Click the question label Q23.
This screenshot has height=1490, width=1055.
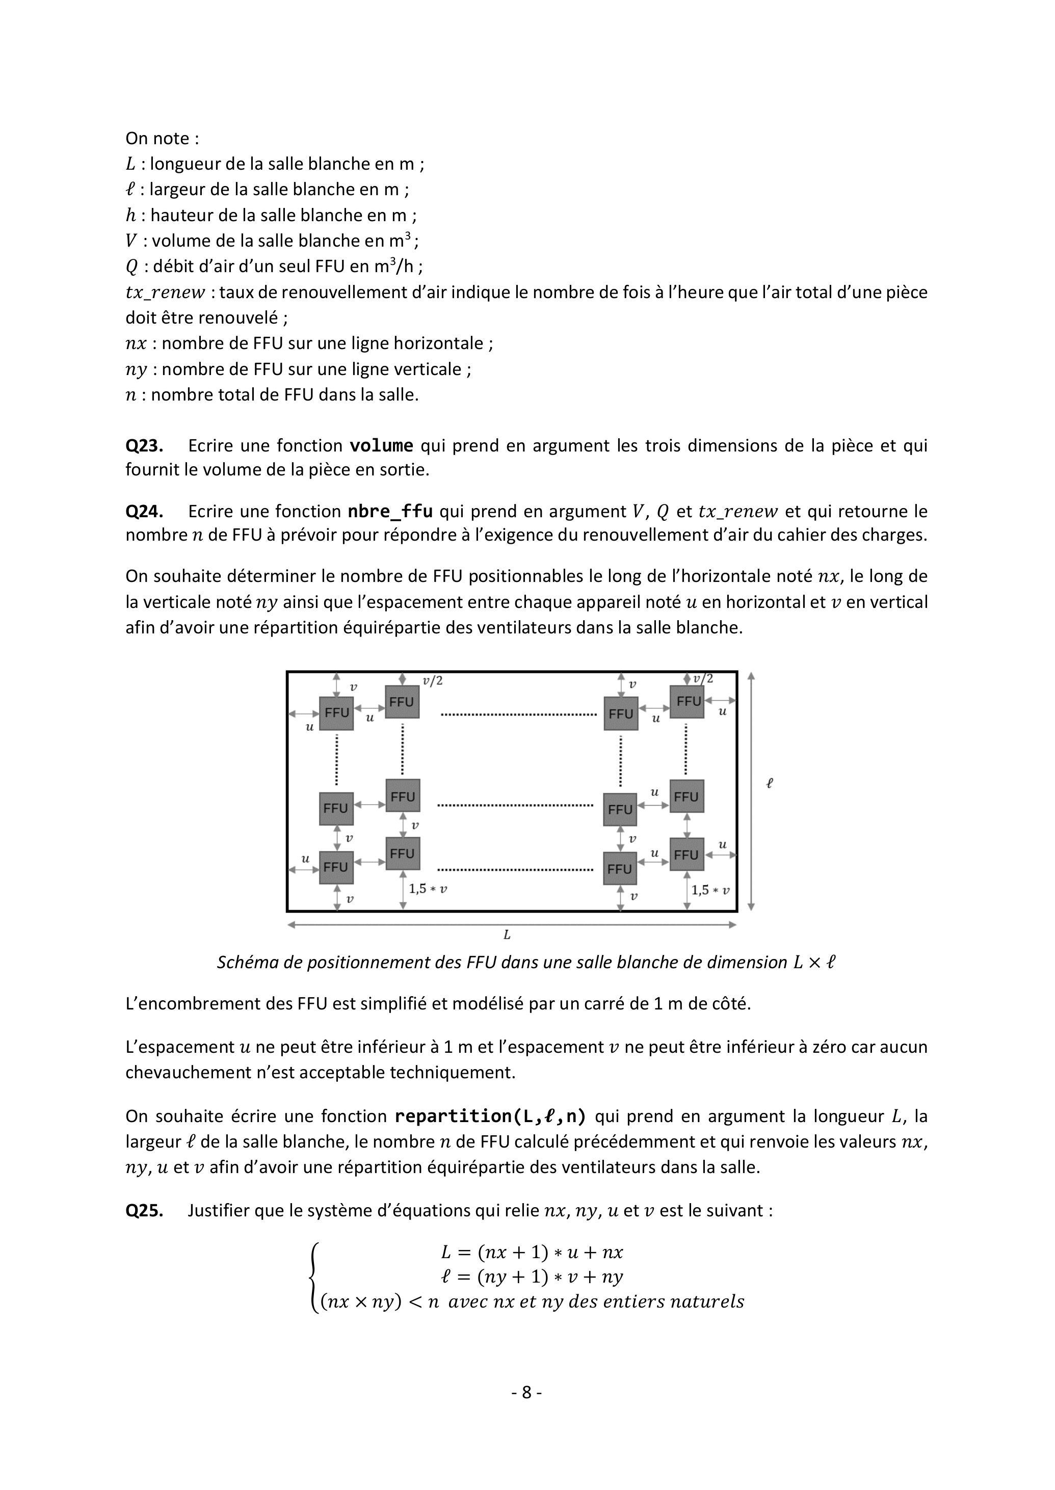pyautogui.click(x=144, y=445)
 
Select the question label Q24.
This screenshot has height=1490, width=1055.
pyautogui.click(x=144, y=511)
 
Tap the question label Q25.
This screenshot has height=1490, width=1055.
pyautogui.click(x=144, y=1210)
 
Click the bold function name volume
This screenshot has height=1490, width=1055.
pyautogui.click(x=381, y=445)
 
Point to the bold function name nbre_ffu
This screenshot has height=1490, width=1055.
pyautogui.click(x=390, y=511)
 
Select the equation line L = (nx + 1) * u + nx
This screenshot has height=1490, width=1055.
pyautogui.click(x=532, y=1252)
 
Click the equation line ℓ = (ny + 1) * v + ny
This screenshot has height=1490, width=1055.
pyautogui.click(x=532, y=1276)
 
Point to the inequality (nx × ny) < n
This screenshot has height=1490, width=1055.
pyautogui.click(x=379, y=1301)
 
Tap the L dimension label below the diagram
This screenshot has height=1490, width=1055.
pyautogui.click(x=507, y=935)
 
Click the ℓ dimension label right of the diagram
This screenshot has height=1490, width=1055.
pyautogui.click(x=770, y=783)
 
